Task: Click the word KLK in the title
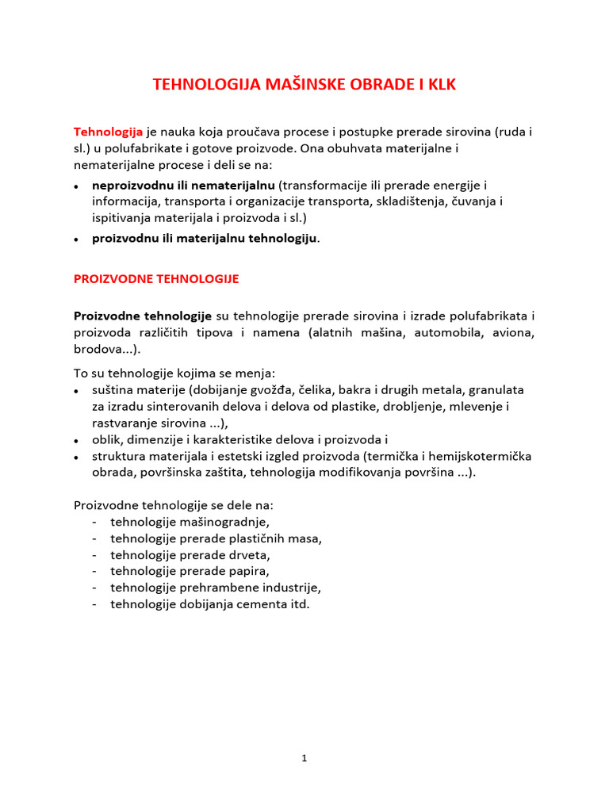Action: pos(439,84)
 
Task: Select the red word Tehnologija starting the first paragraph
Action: pos(108,131)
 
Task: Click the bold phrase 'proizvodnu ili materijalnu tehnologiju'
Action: pos(205,238)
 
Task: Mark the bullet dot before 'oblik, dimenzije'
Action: pos(76,440)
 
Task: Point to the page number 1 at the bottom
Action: pos(304,758)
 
